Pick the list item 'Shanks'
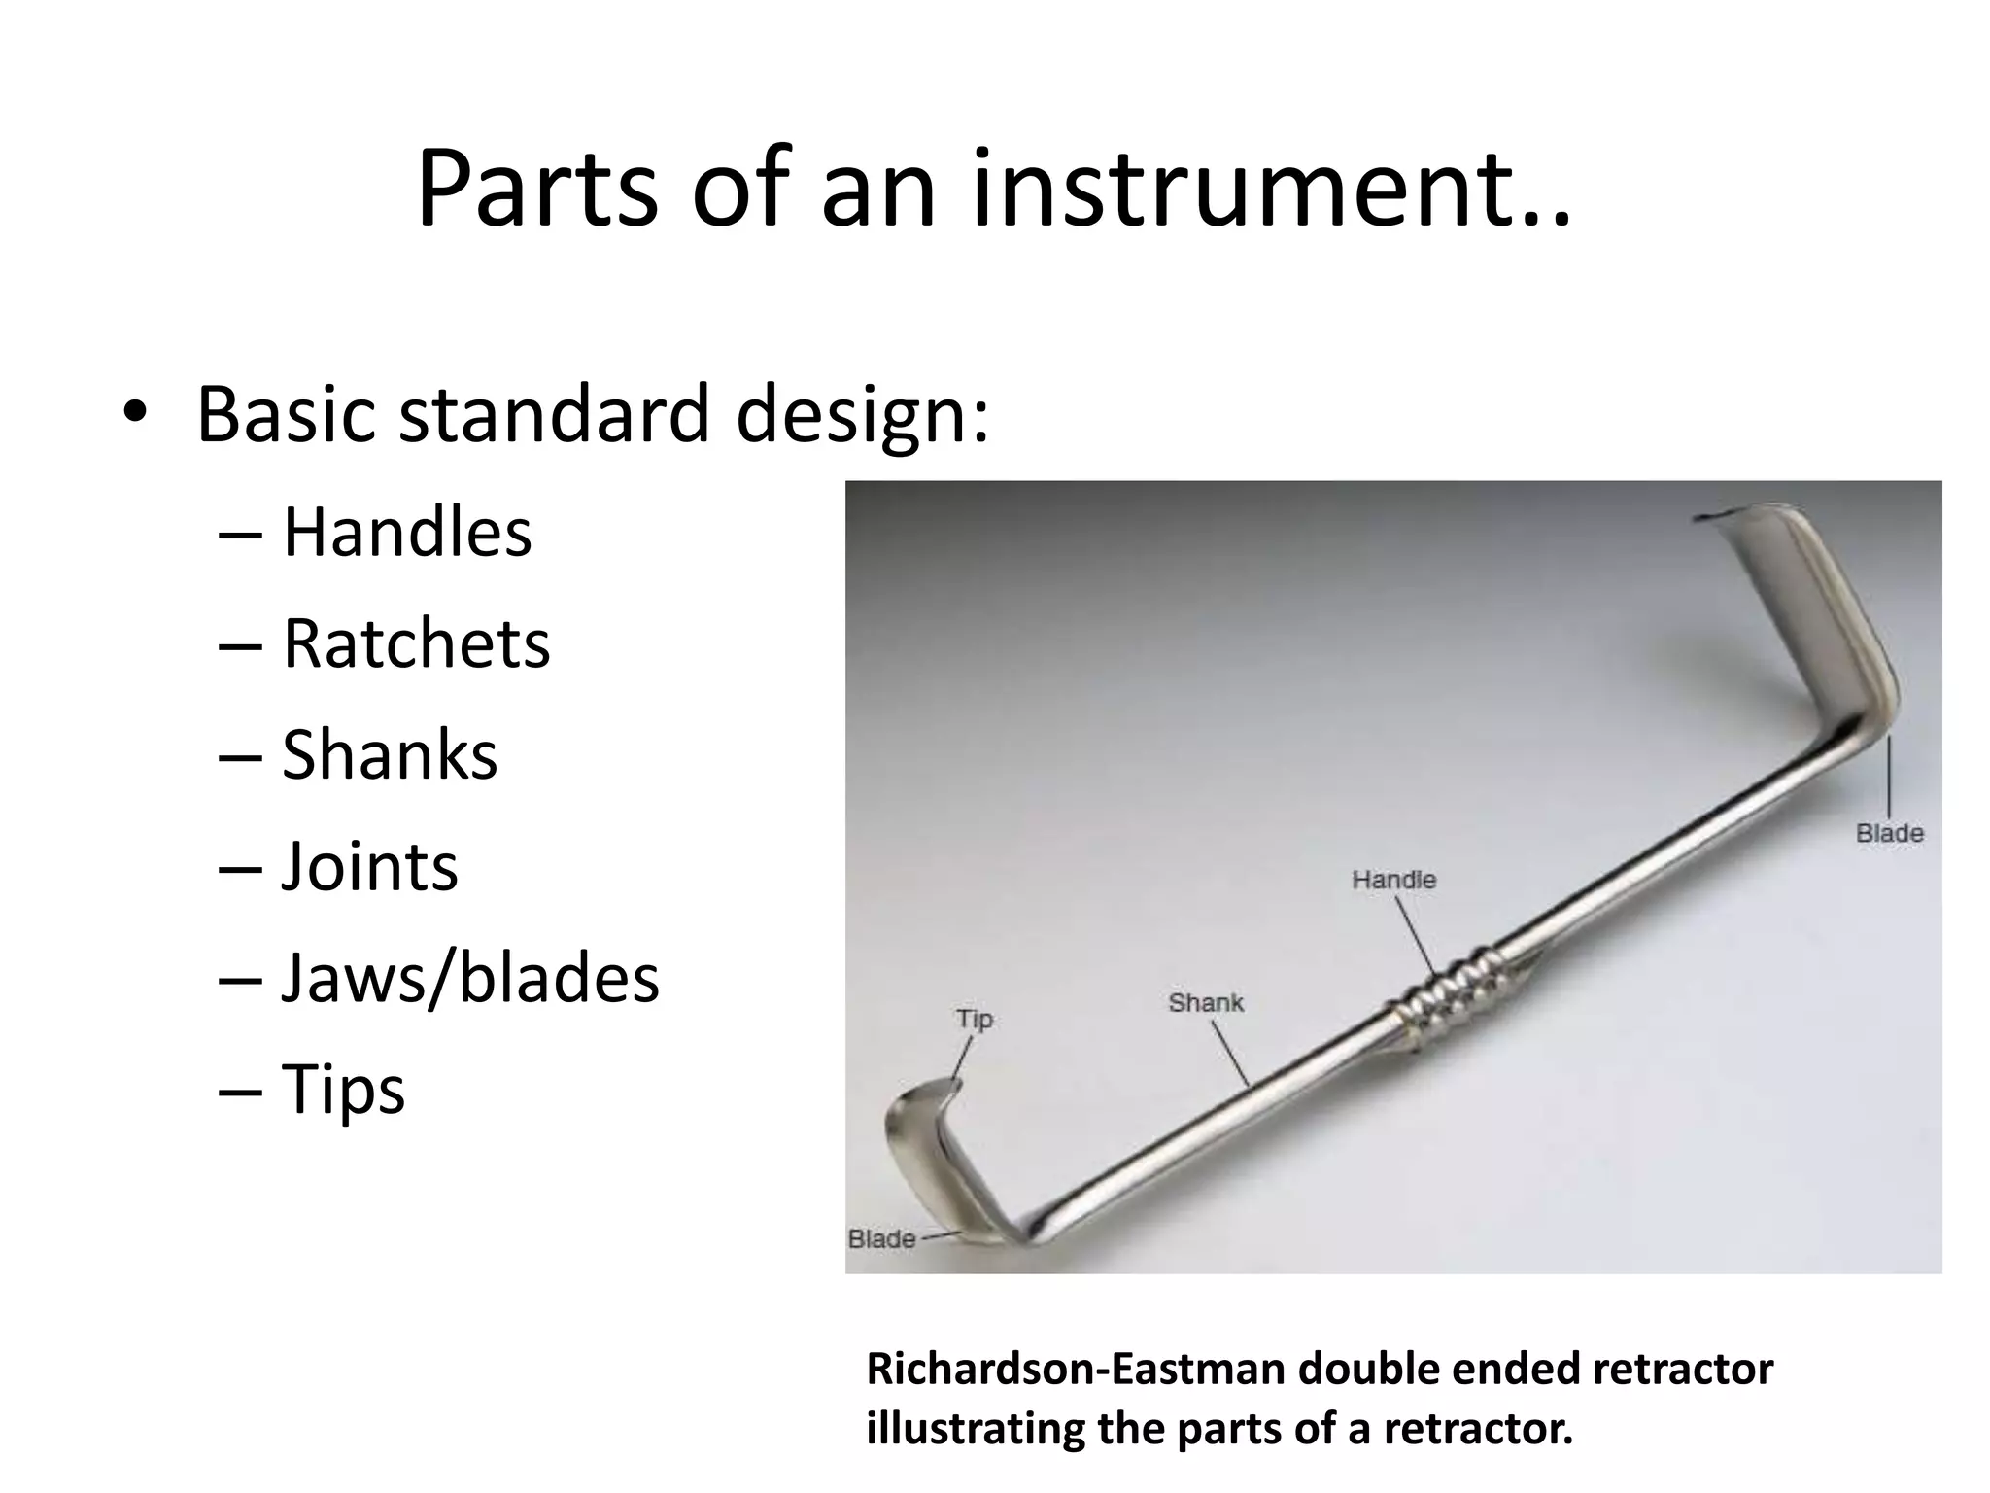390,755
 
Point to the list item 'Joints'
369,866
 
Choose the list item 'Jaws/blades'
470,978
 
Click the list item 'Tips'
343,1089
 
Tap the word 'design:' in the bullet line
863,414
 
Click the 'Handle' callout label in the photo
1393,880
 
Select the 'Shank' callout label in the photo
1205,1003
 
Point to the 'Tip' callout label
974,1019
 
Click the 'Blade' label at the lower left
881,1239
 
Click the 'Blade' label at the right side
1889,834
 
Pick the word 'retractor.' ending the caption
1477,1429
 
